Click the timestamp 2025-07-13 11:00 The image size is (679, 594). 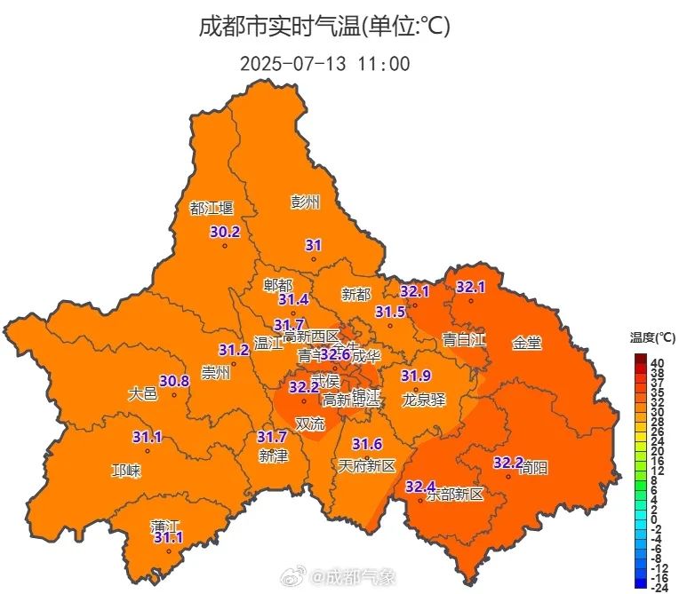(324, 64)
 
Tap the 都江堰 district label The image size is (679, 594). (212, 209)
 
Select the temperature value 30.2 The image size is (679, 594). (225, 233)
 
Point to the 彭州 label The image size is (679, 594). (305, 202)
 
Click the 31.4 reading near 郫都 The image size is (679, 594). (293, 300)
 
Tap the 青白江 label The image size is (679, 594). (464, 340)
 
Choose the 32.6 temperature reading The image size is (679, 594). (335, 354)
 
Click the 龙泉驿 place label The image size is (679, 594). (423, 399)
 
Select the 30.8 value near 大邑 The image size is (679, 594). (174, 382)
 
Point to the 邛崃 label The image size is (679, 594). (125, 471)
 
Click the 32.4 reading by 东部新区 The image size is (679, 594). (420, 487)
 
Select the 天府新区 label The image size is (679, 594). (366, 465)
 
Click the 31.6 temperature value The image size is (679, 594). (367, 444)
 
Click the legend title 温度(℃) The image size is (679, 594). (653, 337)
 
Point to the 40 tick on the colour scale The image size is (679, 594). (658, 363)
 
